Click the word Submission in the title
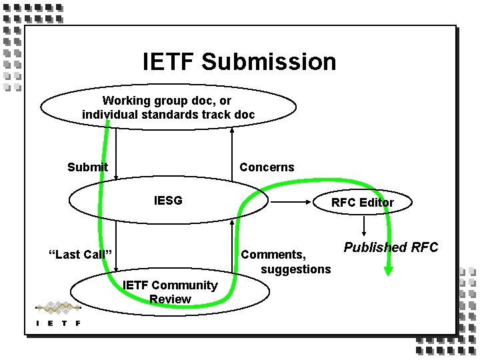point(269,62)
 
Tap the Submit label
point(87,167)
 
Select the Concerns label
point(267,167)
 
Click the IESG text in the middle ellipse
point(168,199)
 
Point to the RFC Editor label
point(363,203)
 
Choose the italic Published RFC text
point(391,247)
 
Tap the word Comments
point(273,254)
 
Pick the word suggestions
point(295,269)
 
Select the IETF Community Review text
point(170,292)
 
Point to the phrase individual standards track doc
point(168,114)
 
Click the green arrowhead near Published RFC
point(389,269)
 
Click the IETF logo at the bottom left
point(58,314)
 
